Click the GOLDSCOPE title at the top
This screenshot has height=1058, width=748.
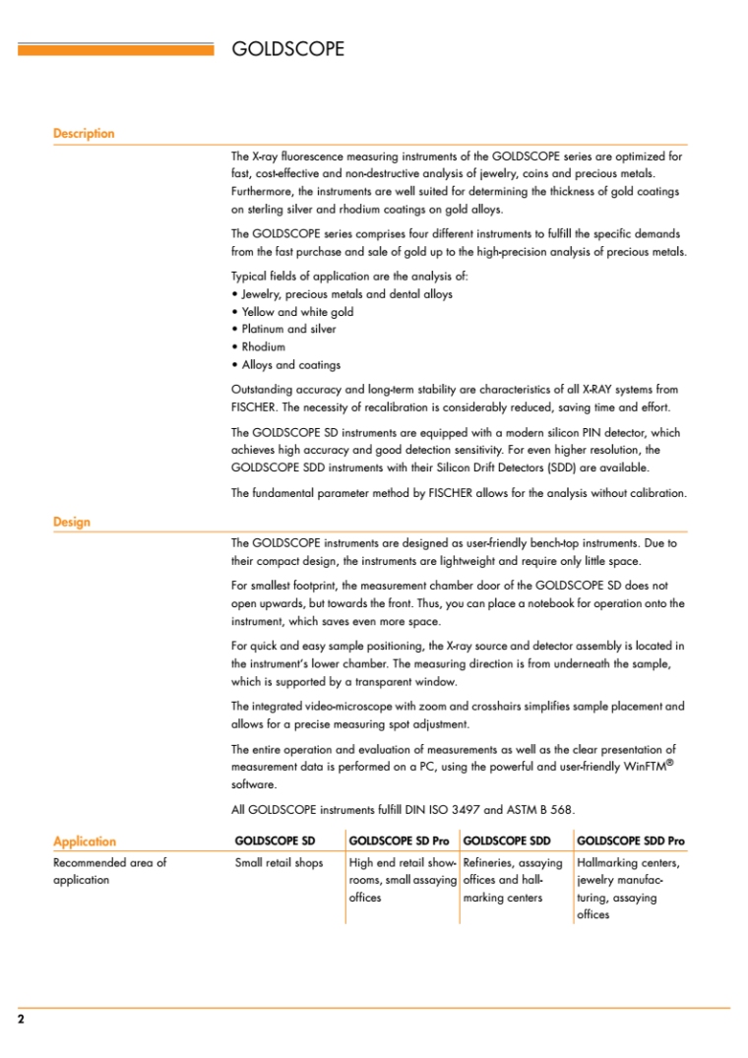(x=287, y=48)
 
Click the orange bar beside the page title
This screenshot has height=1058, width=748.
(x=115, y=48)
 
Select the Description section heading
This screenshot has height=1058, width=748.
(x=84, y=134)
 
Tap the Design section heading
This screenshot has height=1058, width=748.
(x=71, y=522)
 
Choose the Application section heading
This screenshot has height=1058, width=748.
(x=84, y=841)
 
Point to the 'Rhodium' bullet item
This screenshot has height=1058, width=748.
(x=263, y=347)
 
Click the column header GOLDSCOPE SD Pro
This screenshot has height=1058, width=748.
(x=399, y=841)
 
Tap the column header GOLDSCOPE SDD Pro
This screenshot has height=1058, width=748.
(x=630, y=841)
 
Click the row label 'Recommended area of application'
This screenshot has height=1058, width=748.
(x=109, y=871)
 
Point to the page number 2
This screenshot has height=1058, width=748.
(x=21, y=1019)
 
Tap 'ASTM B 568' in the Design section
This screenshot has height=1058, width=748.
(x=541, y=810)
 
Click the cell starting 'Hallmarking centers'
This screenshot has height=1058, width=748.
(x=628, y=863)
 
